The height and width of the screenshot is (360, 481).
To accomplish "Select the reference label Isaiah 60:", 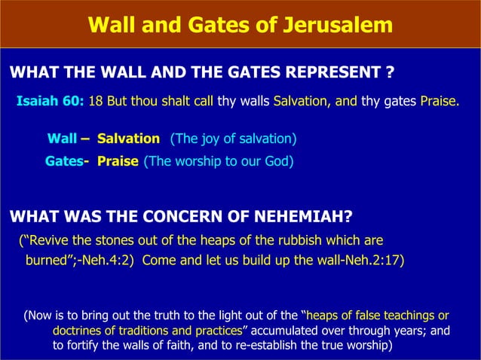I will click(x=51, y=101).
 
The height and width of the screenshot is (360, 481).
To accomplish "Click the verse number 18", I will click(x=96, y=101).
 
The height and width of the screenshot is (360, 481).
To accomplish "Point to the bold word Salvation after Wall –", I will click(x=128, y=139).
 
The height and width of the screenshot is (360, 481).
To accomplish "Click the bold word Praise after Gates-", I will click(x=118, y=161).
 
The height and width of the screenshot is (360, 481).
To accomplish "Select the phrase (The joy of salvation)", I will click(x=233, y=139).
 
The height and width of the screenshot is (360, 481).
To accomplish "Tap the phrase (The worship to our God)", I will click(x=219, y=161).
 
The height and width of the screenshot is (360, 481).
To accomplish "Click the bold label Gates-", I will click(x=65, y=161).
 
